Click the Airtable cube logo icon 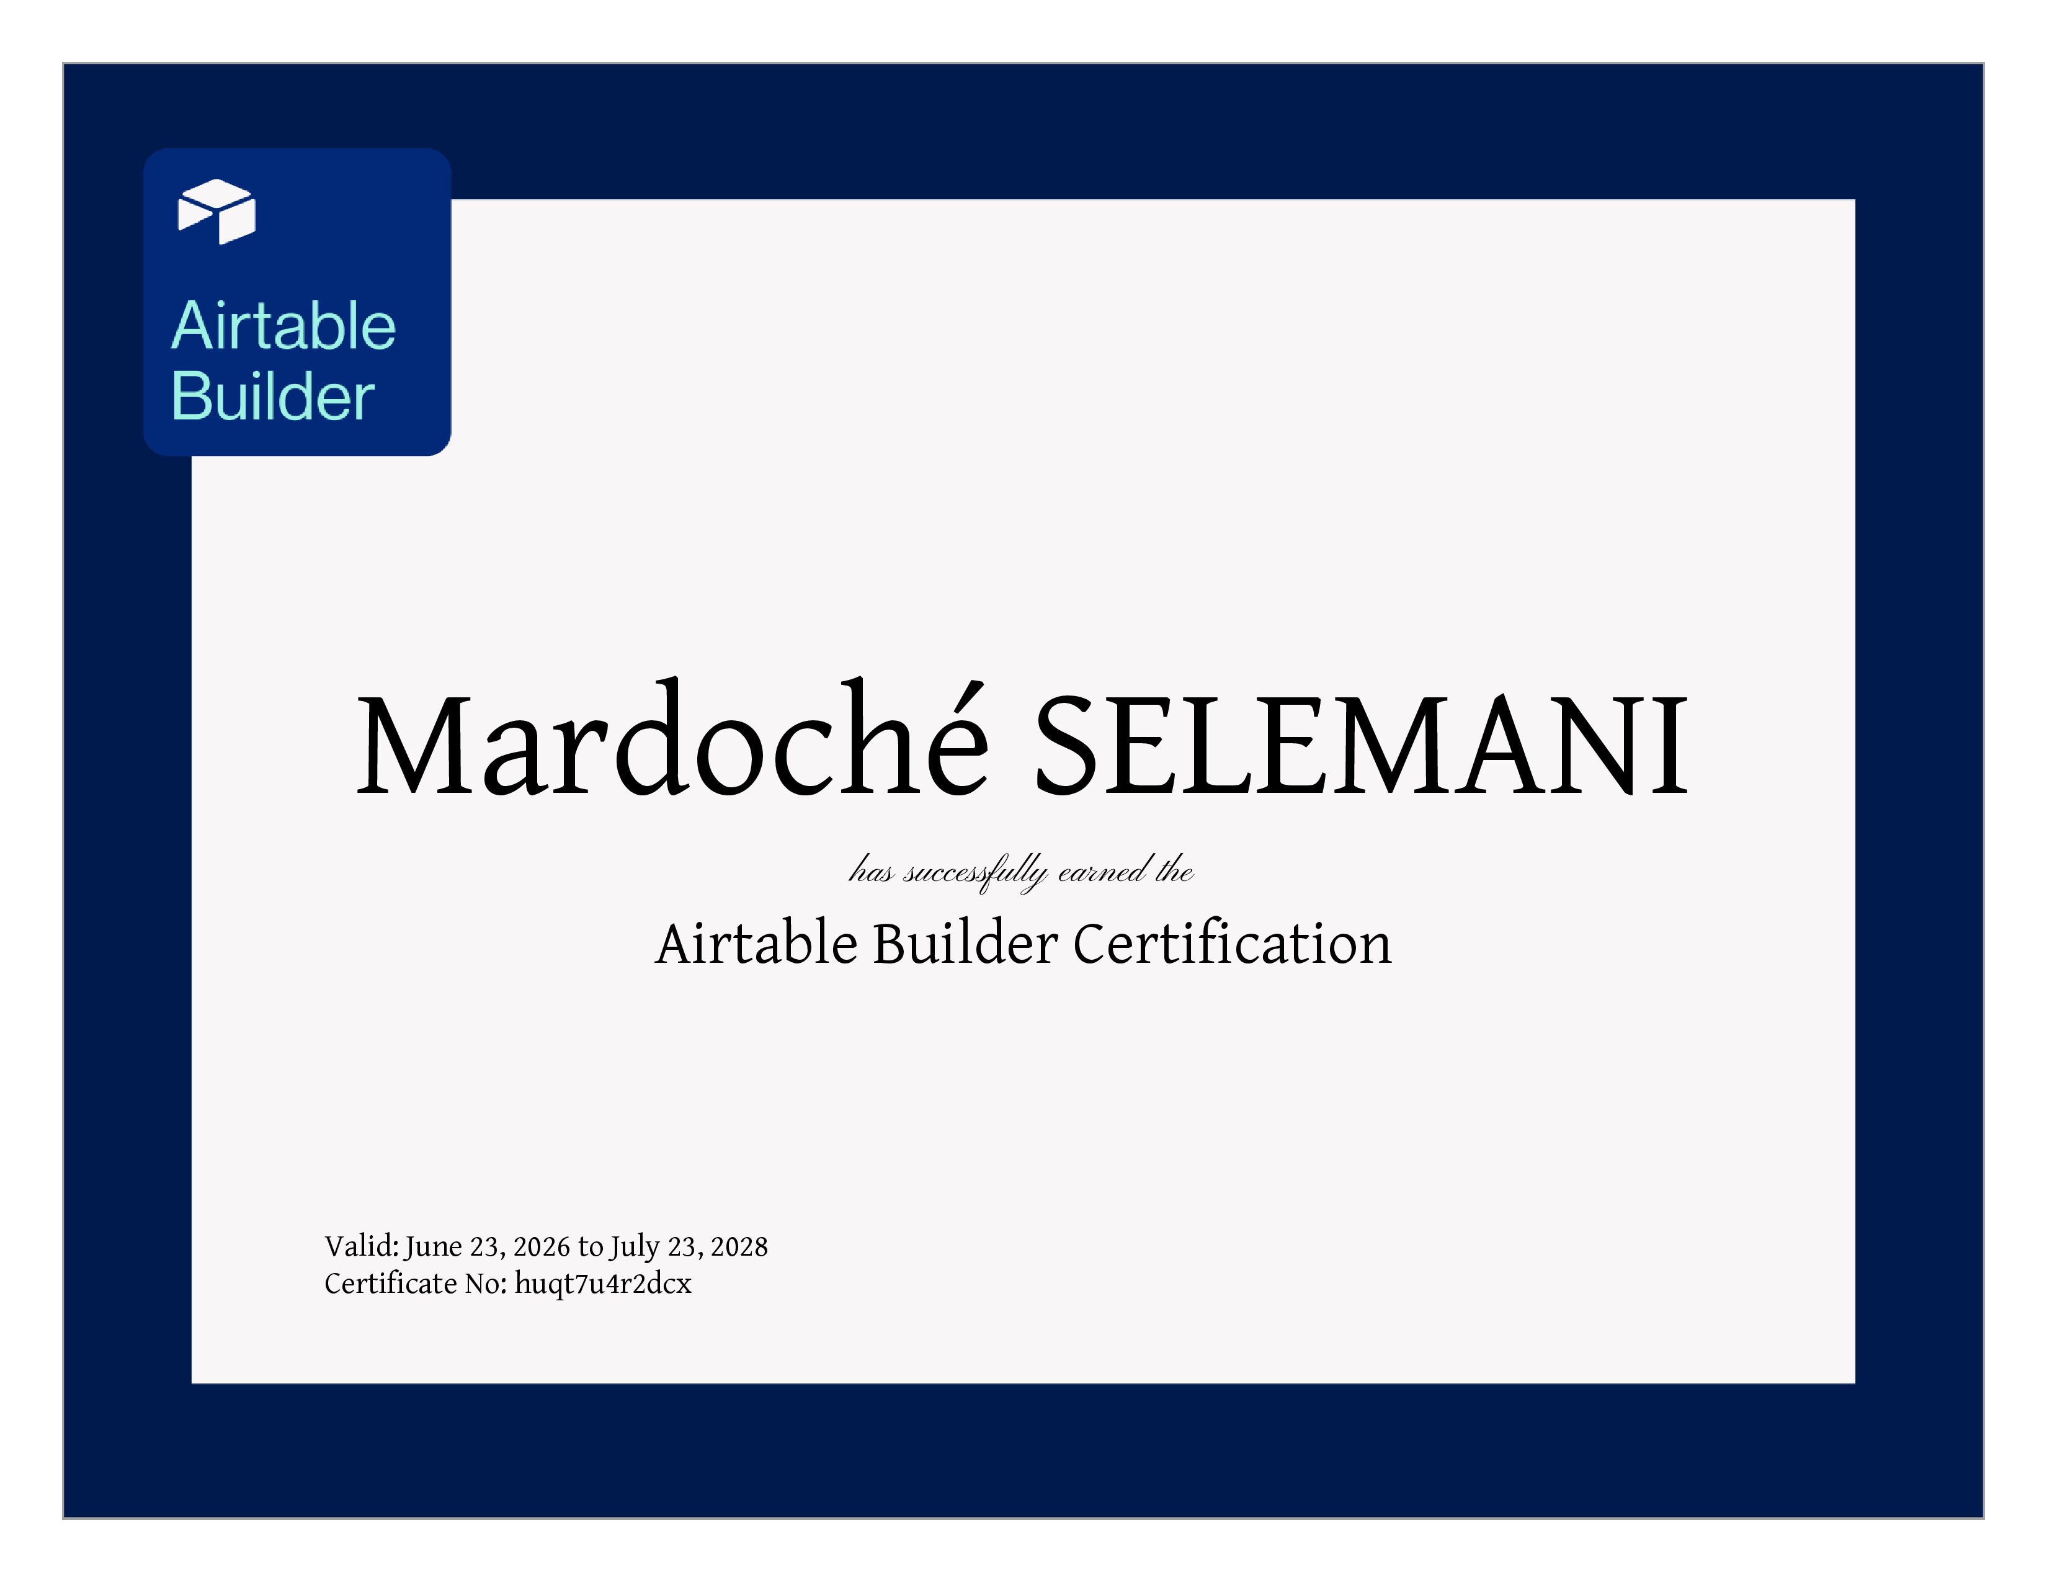pos(216,211)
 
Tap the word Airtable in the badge pos(283,326)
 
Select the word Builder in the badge pos(273,396)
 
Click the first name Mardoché pos(672,738)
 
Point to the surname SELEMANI pos(1361,745)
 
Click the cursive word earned pos(1101,870)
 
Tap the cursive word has pos(872,870)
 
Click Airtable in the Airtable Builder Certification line pos(756,943)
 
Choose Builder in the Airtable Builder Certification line pos(965,943)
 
